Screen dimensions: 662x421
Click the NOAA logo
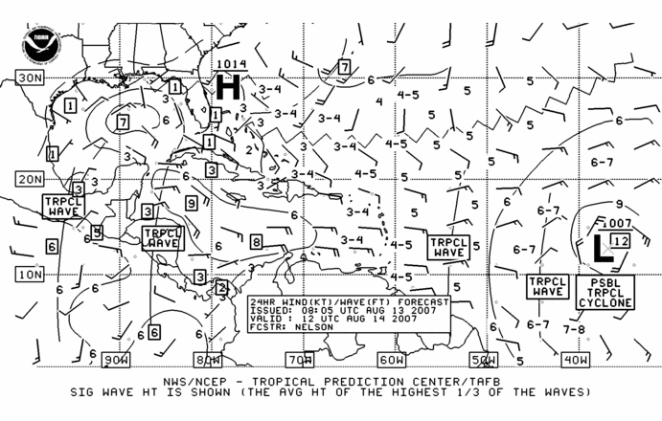point(40,44)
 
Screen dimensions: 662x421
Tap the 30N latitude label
point(30,78)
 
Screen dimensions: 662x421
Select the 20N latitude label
point(30,179)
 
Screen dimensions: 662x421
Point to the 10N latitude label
point(30,275)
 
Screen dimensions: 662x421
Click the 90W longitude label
point(116,360)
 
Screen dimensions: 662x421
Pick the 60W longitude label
point(392,360)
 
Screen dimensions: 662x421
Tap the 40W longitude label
point(576,360)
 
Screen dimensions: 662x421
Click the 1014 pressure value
point(231,64)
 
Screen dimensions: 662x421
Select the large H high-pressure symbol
point(228,86)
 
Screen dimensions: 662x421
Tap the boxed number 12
point(621,241)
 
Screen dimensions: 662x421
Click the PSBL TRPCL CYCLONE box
point(605,293)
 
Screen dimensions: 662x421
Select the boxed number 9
point(192,204)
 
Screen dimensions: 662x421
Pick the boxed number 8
point(256,242)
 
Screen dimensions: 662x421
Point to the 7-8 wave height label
point(574,328)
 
